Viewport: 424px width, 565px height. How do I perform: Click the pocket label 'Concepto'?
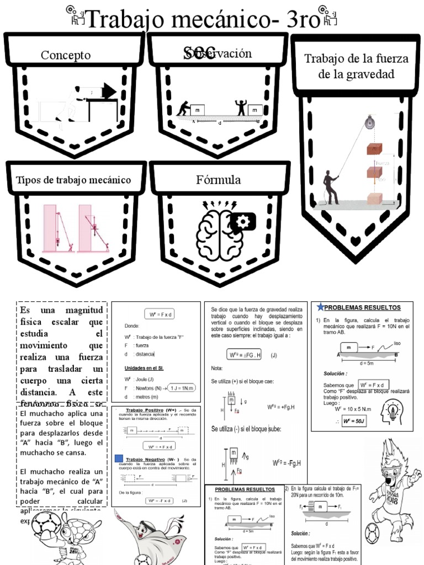tap(65, 55)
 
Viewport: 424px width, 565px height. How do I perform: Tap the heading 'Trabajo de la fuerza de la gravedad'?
tap(356, 66)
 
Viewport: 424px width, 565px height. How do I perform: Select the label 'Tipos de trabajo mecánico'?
tap(73, 180)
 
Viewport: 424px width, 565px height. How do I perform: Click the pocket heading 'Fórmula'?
tap(218, 180)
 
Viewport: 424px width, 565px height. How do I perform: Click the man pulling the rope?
tap(331, 188)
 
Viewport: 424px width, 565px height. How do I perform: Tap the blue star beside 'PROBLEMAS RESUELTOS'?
tap(321, 307)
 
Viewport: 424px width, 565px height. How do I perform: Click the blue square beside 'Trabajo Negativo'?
tap(119, 459)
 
